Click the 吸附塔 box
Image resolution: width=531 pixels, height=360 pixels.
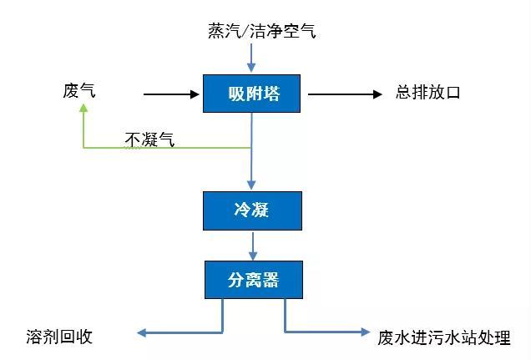pos(252,94)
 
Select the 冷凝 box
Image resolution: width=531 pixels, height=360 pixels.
pos(252,210)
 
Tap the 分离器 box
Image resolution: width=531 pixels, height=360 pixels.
pos(252,280)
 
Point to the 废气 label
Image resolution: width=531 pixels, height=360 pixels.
pos(79,90)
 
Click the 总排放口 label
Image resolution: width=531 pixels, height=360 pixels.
pos(427,93)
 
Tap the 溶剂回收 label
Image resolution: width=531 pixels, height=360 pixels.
pos(58,337)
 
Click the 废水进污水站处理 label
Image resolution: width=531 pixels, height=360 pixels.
pos(443,337)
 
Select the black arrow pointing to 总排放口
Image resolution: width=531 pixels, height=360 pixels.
pos(345,94)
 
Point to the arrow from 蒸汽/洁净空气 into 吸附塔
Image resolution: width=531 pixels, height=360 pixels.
pos(251,58)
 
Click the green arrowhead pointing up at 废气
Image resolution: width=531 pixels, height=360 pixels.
pos(83,109)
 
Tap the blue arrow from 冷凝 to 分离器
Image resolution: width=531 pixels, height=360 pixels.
pos(252,245)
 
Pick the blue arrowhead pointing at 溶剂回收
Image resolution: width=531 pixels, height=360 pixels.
pos(143,333)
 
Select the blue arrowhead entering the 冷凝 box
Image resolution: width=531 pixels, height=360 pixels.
pos(252,185)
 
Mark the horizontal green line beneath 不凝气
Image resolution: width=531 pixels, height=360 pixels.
pos(167,148)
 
